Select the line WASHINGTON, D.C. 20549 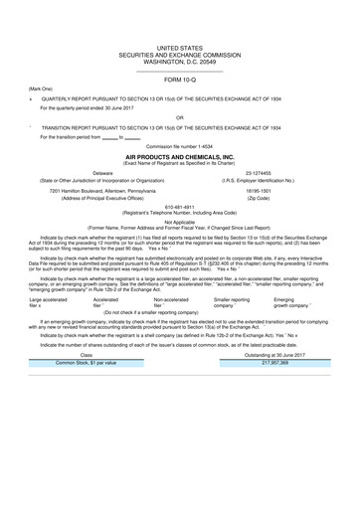(x=179, y=63)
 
